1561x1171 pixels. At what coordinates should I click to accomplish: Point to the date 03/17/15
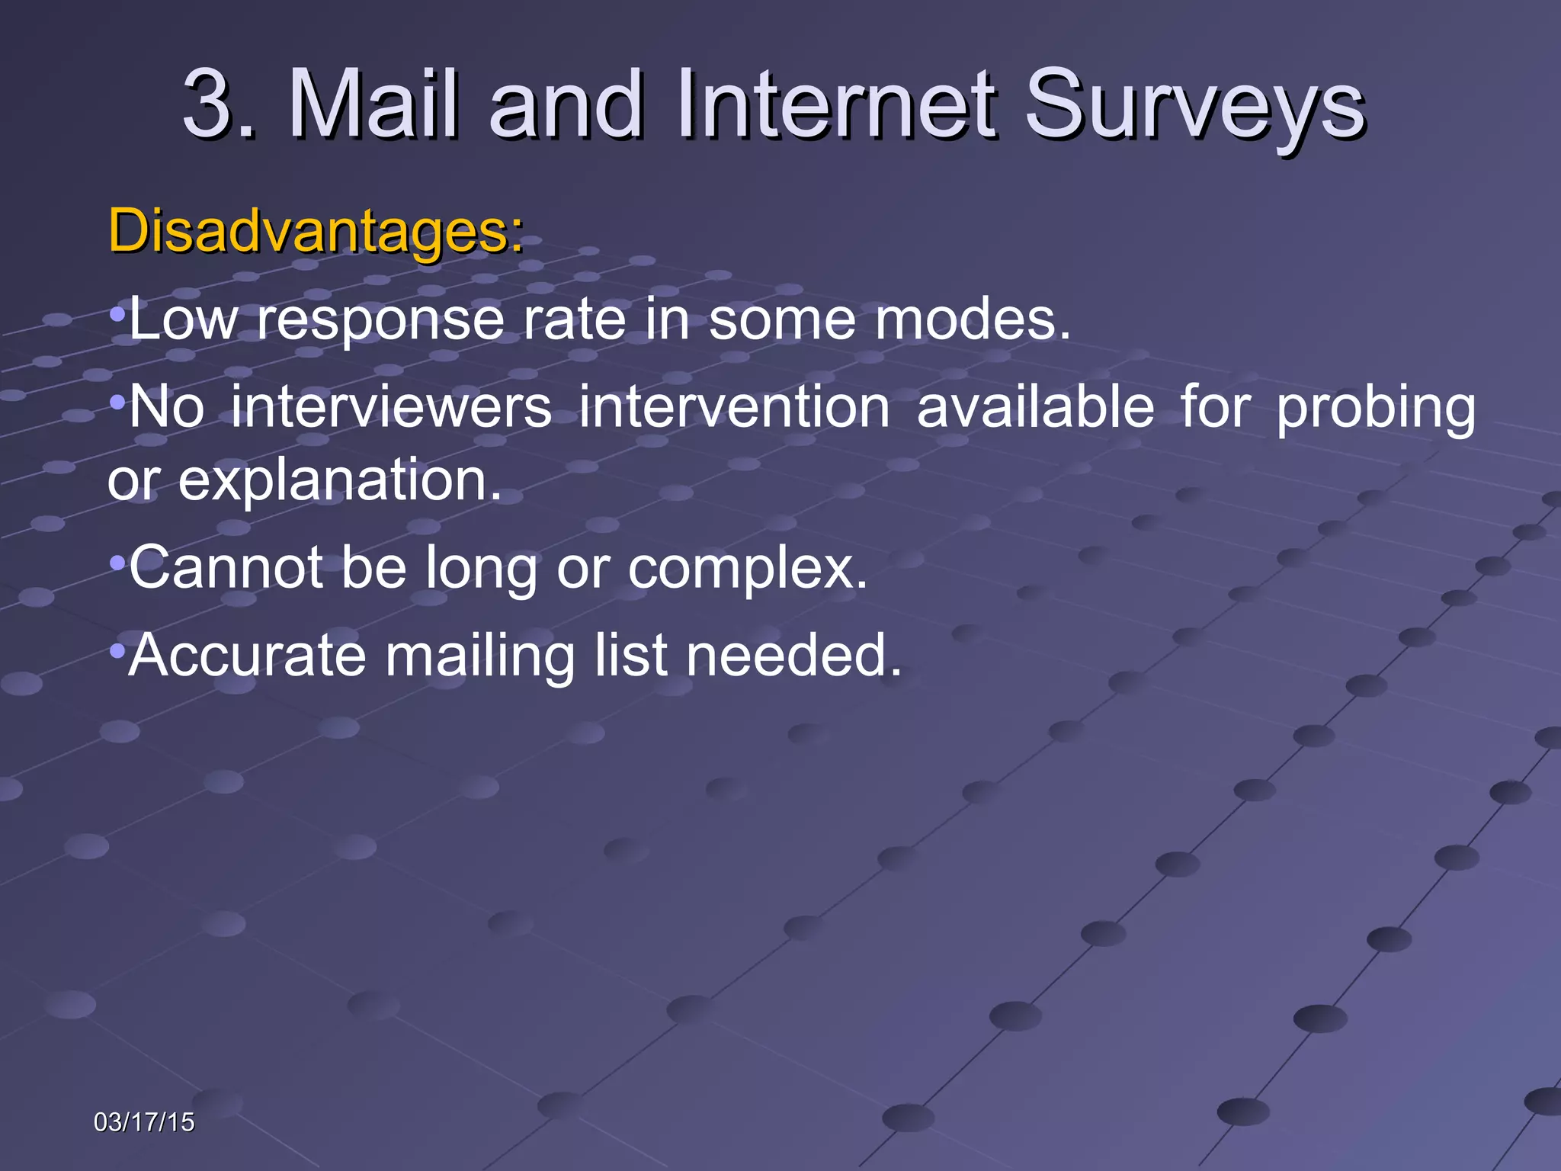tap(143, 1122)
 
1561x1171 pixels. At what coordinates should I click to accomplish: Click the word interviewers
tap(391, 407)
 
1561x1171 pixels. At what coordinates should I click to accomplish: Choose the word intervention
tap(734, 407)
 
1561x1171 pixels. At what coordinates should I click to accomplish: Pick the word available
tap(1035, 407)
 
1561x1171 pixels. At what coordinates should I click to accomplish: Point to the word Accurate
tap(247, 655)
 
